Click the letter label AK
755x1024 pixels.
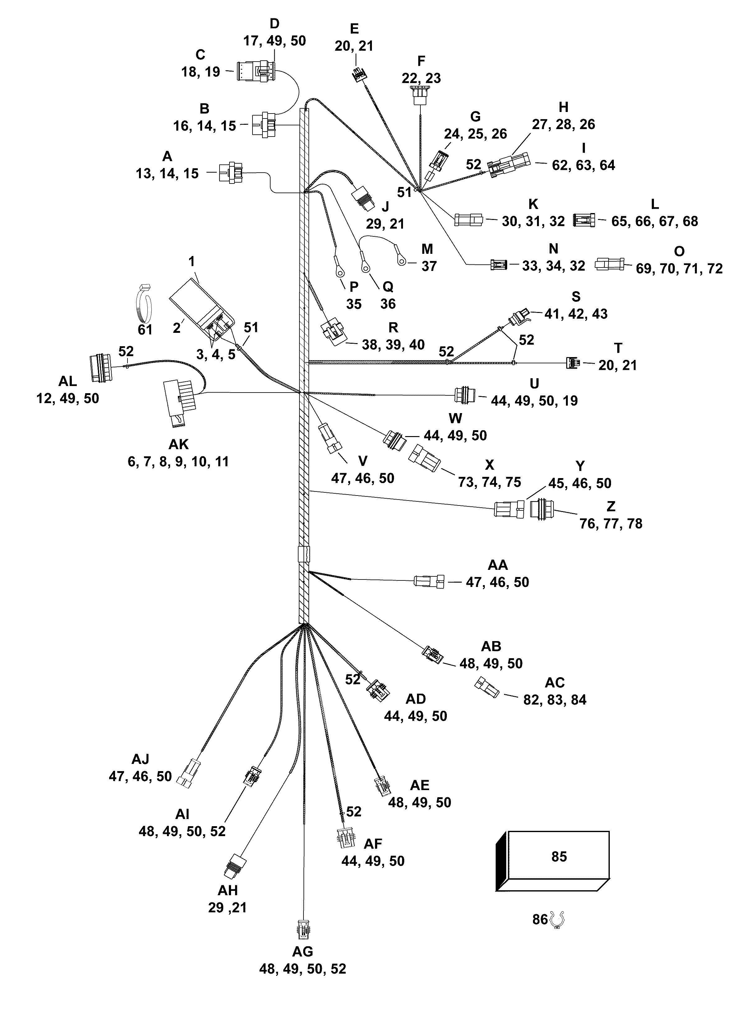tap(178, 444)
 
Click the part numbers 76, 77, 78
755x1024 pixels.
tap(611, 524)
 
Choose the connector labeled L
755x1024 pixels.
tap(584, 220)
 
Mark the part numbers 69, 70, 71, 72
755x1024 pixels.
tap(679, 268)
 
